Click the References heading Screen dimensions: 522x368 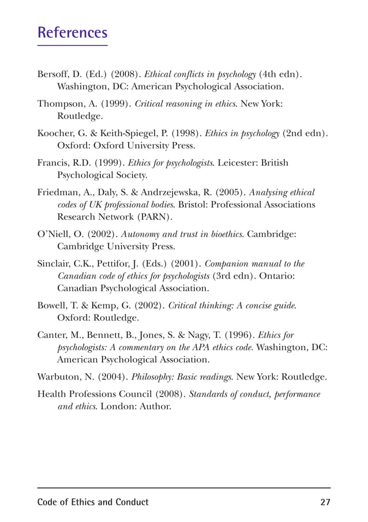[72, 32]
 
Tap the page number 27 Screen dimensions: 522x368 [325, 502]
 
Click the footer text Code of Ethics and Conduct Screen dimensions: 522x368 [93, 502]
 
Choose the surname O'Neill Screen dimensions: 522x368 [54, 234]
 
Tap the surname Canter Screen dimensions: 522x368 [52, 334]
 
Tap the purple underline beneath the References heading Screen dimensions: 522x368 [72, 44]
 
